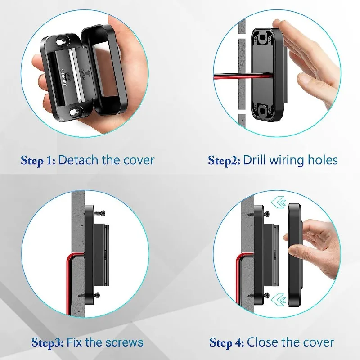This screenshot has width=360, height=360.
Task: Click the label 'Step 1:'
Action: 38,161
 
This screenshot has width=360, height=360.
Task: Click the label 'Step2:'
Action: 223,161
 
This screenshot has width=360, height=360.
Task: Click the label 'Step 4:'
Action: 227,342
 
